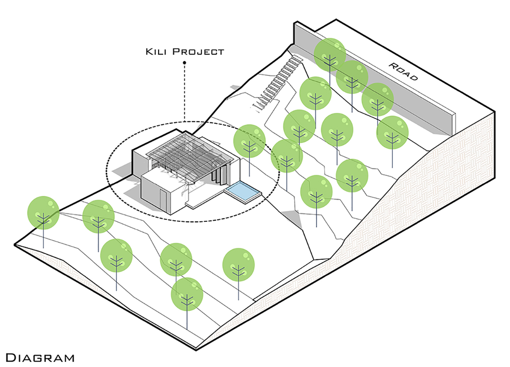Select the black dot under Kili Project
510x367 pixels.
click(184, 63)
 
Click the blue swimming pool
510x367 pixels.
click(242, 189)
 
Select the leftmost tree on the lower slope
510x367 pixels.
click(43, 212)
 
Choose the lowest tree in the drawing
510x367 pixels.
click(187, 294)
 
